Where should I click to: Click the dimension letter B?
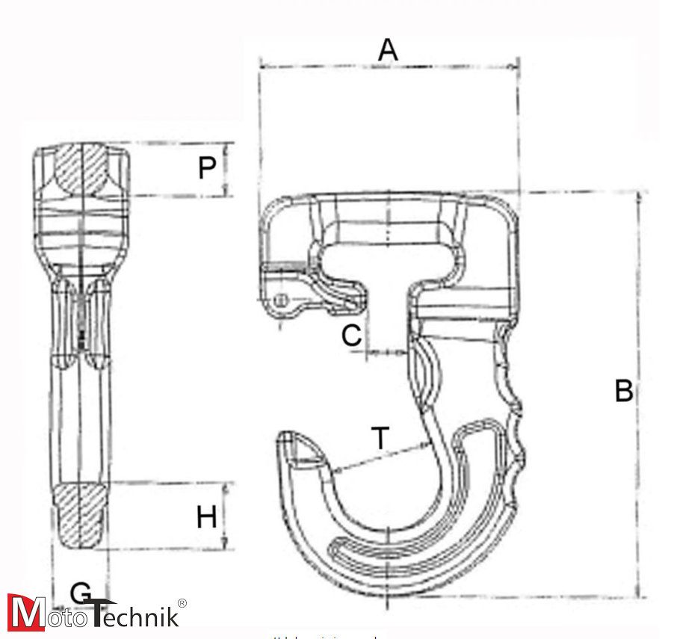point(623,391)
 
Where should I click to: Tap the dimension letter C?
point(351,336)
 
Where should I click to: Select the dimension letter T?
point(381,438)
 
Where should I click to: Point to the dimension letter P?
point(207,169)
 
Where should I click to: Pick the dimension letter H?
point(207,516)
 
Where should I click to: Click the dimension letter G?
point(81,593)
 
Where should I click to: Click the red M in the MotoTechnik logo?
point(25,613)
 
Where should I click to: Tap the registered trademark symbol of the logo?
point(182,603)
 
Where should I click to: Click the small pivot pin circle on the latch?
point(282,300)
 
